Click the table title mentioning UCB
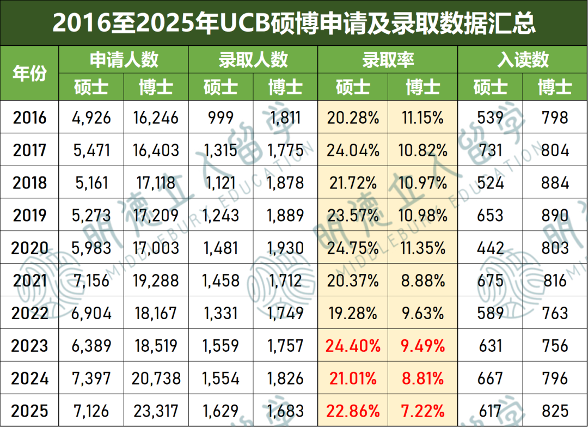[x=293, y=23]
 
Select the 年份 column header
[x=29, y=73]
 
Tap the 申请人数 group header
[x=124, y=60]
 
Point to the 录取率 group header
[x=388, y=60]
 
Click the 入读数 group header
[x=523, y=60]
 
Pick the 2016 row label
[x=29, y=118]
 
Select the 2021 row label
[x=29, y=280]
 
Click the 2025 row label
[x=29, y=411]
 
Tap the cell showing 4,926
[x=91, y=118]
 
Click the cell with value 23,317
[x=156, y=411]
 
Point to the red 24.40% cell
[x=353, y=346]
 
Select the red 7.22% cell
[x=422, y=411]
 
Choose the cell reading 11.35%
[x=422, y=248]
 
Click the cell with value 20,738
[x=156, y=378]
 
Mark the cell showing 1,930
[x=285, y=248]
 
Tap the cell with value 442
[x=490, y=248]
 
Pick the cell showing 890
[x=555, y=215]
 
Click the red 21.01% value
[x=353, y=378]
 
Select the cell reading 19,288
[x=156, y=280]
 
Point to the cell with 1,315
[x=220, y=150]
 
